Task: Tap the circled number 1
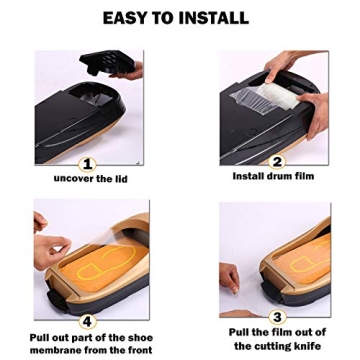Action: [87, 164]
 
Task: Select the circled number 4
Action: [87, 320]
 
